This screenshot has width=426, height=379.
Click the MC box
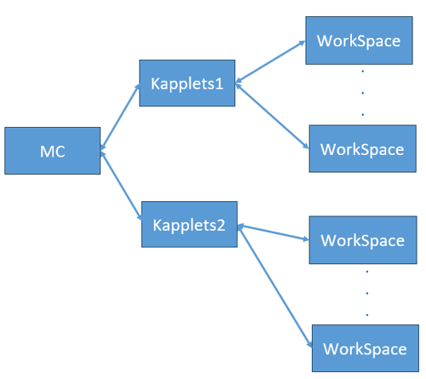[52, 151]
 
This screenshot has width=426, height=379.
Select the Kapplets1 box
[188, 83]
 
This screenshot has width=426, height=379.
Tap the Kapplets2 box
[189, 225]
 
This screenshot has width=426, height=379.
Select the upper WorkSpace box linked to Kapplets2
[361, 239]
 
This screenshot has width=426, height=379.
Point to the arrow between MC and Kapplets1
[120, 118]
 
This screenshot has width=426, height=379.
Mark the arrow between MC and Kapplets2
[120, 185]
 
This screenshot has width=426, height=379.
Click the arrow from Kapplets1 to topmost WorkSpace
[271, 62]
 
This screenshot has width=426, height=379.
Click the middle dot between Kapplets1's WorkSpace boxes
[363, 91]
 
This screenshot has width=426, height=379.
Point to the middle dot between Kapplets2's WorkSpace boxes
[366, 292]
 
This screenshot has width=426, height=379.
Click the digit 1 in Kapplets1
[221, 83]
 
